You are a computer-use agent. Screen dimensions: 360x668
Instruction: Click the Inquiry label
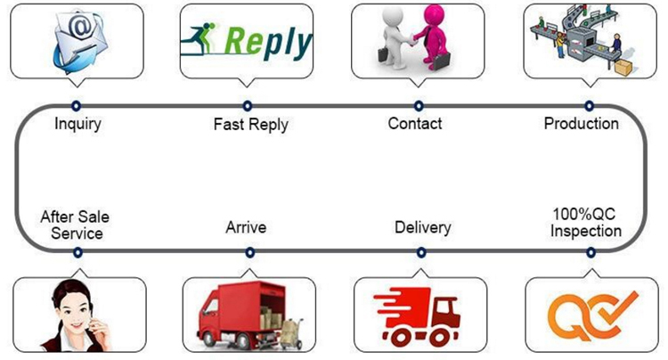click(77, 123)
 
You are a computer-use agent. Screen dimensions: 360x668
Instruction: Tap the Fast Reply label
click(250, 124)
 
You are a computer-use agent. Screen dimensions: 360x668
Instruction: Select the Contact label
click(415, 123)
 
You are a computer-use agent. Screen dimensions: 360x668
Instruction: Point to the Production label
click(581, 123)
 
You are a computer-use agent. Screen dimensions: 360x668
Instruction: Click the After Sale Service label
click(77, 225)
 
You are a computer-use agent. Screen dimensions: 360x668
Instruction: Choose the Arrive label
click(246, 228)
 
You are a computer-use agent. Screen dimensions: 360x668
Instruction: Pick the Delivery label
click(422, 228)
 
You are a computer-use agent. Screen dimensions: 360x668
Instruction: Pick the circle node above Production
click(589, 105)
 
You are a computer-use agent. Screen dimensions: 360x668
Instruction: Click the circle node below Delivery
click(420, 253)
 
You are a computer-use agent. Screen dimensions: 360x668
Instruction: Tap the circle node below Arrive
click(248, 253)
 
